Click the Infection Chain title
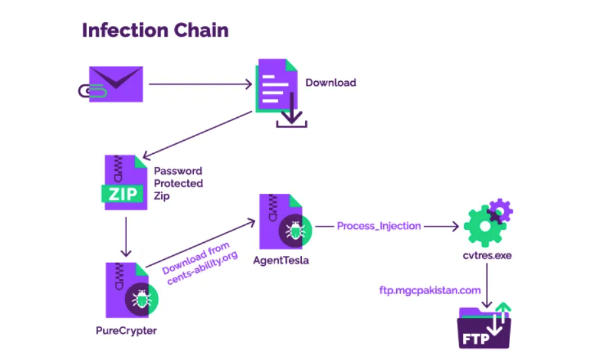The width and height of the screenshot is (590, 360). (155, 30)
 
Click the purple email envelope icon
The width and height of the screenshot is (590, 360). (115, 84)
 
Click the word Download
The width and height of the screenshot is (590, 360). (331, 82)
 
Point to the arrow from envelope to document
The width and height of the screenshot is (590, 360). (200, 84)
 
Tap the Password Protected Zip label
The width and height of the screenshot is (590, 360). (178, 183)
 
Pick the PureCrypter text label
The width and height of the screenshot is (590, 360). (126, 330)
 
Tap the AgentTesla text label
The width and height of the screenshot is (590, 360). (281, 260)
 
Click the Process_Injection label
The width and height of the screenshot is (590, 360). (378, 226)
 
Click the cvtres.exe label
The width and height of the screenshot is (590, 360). (486, 255)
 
